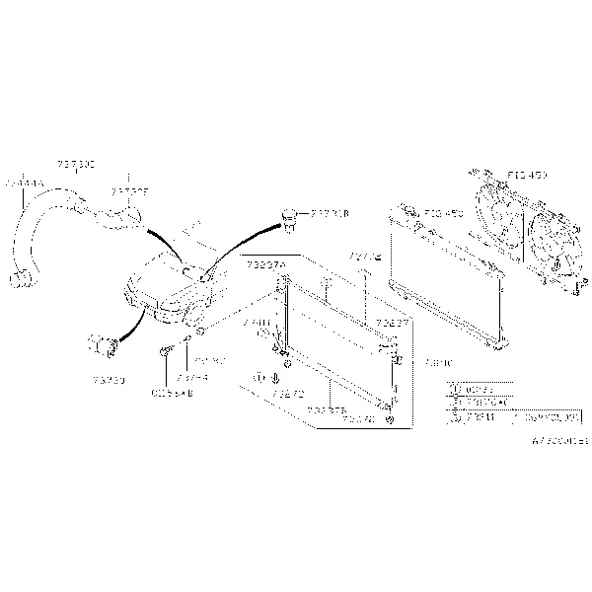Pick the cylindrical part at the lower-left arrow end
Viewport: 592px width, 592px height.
click(104, 345)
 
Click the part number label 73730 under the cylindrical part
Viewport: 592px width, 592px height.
click(108, 377)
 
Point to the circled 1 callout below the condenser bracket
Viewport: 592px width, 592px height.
click(261, 378)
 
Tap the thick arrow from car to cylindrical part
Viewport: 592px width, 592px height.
click(133, 321)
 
